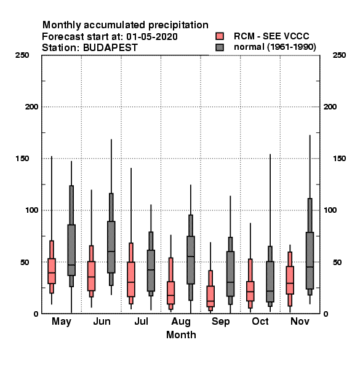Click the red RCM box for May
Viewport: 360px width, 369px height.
pos(52,271)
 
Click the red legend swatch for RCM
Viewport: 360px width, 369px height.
pos(220,36)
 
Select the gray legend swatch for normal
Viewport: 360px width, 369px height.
pos(220,47)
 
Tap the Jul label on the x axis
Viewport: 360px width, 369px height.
pos(141,322)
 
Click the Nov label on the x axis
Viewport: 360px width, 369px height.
pos(300,322)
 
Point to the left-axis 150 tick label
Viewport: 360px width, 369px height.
pos(23,159)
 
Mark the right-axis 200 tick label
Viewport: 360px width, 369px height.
pos(330,107)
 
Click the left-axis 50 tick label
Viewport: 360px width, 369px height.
pos(25,262)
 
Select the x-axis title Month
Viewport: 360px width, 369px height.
pos(181,335)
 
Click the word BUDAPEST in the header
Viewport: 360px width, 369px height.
pos(110,48)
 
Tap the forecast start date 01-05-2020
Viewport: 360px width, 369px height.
pos(152,37)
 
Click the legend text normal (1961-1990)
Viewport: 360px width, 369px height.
pos(274,47)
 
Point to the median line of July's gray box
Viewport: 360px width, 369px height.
pos(151,270)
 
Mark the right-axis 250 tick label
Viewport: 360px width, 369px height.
pos(339,55)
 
